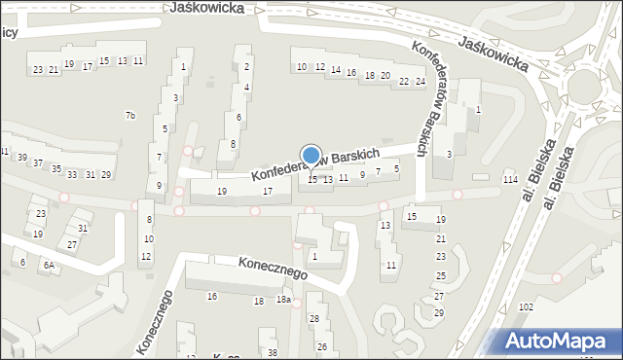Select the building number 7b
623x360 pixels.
(130, 116)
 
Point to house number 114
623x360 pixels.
(509, 181)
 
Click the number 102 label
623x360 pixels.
(527, 306)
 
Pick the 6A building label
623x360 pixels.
(48, 265)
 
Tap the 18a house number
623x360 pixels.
(282, 300)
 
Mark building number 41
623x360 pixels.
(4, 151)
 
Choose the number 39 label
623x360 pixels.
(21, 158)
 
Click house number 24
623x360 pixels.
(420, 81)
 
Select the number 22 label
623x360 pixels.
(404, 81)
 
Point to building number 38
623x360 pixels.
(273, 352)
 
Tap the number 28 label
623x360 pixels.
(313, 319)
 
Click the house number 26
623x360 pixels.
(321, 346)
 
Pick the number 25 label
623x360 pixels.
(439, 276)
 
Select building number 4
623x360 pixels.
(247, 87)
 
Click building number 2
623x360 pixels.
(247, 66)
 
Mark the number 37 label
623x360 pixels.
(38, 163)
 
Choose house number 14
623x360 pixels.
(336, 70)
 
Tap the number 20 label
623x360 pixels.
(385, 75)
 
